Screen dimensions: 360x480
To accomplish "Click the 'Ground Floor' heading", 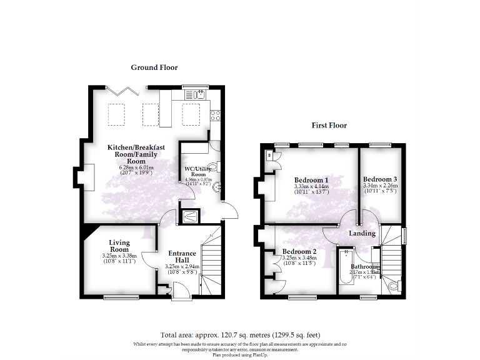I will pos(154,67).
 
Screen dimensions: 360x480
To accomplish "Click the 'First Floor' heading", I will pos(329,125).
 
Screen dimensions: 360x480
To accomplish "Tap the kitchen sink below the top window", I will pos(200,95).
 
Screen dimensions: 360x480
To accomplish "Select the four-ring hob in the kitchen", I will pos(214,114).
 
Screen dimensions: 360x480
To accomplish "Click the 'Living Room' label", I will pos(119,246).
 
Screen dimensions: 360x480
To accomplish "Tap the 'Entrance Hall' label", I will pos(182,257).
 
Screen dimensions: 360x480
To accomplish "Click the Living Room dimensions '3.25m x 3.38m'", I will pos(119,256).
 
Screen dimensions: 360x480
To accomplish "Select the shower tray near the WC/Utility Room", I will pos(188,217).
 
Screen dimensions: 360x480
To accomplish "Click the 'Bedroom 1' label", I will pos(311,180).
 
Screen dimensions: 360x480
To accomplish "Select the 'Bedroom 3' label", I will pos(380,178).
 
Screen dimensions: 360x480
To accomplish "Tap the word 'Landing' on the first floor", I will pos(362,233).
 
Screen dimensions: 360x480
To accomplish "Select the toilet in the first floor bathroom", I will pos(394,287).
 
